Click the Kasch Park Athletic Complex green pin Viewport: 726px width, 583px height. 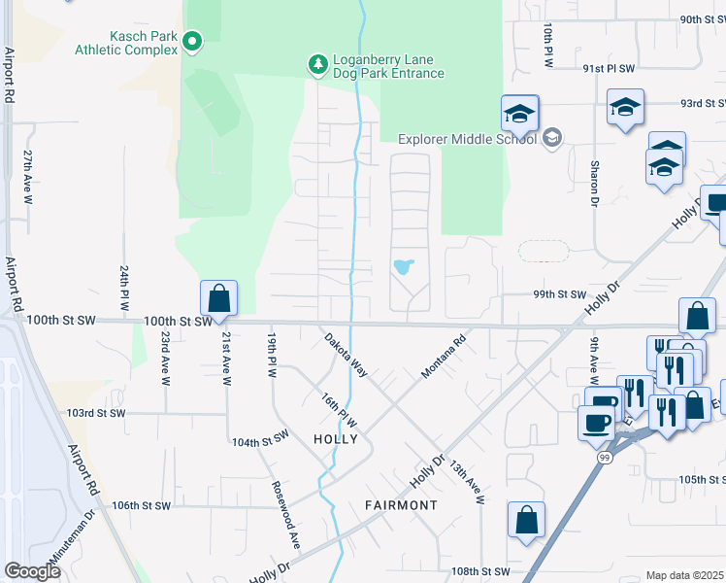point(192,41)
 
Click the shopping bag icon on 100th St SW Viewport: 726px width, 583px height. point(219,298)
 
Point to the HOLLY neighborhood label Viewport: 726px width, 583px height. point(336,439)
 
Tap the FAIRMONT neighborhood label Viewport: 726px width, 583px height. point(401,505)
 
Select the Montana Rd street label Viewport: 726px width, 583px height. point(444,358)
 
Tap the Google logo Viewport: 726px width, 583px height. point(31,571)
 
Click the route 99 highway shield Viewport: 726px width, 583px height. point(603,457)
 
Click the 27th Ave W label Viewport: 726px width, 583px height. point(28,176)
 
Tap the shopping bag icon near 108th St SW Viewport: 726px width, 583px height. point(526,519)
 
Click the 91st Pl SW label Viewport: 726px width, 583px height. point(609,69)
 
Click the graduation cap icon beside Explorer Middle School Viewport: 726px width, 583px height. point(519,114)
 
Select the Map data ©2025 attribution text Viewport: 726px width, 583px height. point(685,575)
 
